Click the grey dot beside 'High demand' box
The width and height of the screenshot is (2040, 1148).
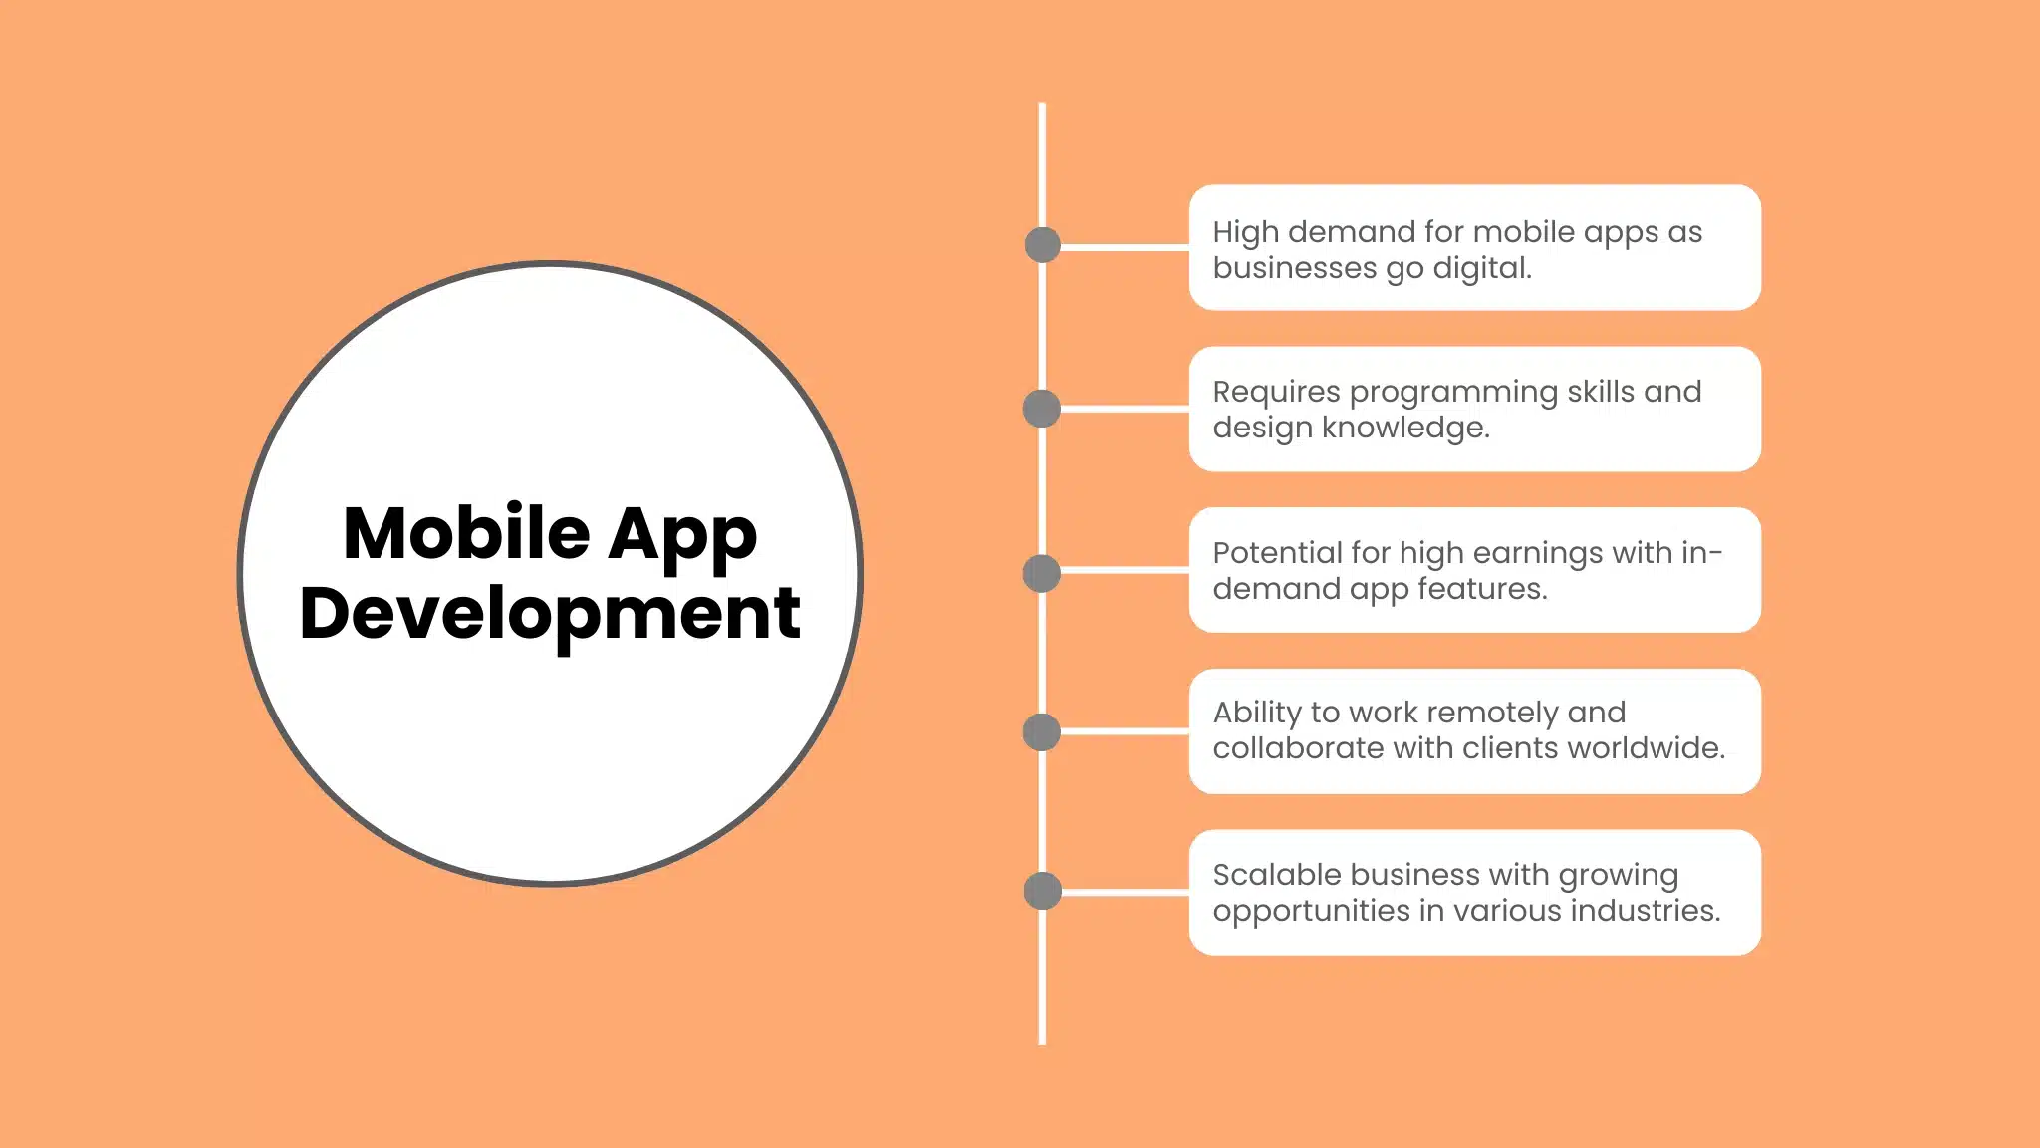tap(1042, 245)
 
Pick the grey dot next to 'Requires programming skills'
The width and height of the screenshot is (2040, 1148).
tap(1042, 409)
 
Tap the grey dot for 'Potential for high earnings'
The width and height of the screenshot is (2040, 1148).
tap(1042, 573)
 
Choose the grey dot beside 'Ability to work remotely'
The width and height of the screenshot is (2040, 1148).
tap(1042, 732)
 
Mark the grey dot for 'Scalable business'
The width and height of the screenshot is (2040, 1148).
tap(1042, 891)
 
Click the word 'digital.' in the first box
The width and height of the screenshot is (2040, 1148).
tap(1481, 268)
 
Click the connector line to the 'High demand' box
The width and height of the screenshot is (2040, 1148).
tap(1124, 246)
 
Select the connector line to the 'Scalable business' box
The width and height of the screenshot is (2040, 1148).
tap(1124, 892)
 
